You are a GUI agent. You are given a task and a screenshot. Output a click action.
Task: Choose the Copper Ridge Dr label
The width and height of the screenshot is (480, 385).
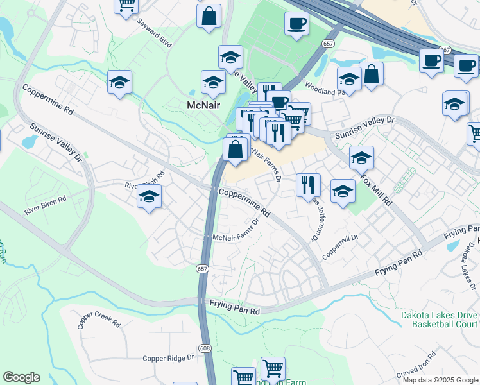pyautogui.click(x=168, y=358)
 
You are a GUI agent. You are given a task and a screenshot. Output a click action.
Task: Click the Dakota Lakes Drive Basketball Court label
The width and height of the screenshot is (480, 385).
pyautogui.click(x=439, y=320)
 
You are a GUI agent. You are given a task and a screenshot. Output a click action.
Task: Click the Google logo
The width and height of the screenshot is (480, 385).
pyautogui.click(x=21, y=377)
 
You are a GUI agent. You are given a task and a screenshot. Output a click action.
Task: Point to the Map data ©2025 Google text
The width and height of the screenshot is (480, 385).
pyautogui.click(x=440, y=380)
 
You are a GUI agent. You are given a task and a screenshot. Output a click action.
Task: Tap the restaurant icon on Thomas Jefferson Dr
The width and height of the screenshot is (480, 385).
pyautogui.click(x=308, y=185)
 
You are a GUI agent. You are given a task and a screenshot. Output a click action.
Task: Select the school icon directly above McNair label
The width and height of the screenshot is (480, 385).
pyautogui.click(x=213, y=81)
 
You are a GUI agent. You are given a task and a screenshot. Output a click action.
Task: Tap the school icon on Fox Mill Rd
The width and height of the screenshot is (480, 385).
pyautogui.click(x=361, y=157)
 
